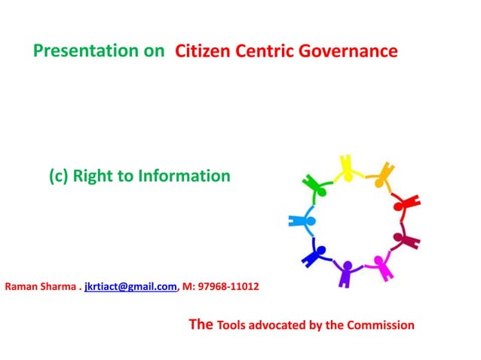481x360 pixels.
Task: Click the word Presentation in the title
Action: [x=99, y=52]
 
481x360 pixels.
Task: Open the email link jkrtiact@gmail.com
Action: [x=130, y=287]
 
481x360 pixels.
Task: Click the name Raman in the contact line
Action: [x=22, y=287]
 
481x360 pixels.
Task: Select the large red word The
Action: [x=200, y=325]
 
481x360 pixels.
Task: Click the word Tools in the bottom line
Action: [x=231, y=325]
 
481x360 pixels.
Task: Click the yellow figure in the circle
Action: [x=347, y=168]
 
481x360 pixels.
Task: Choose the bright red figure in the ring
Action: [x=405, y=203]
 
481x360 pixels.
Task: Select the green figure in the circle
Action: [x=314, y=185]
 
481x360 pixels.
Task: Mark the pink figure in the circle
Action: [x=380, y=264]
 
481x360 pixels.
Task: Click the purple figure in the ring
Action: [x=347, y=272]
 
